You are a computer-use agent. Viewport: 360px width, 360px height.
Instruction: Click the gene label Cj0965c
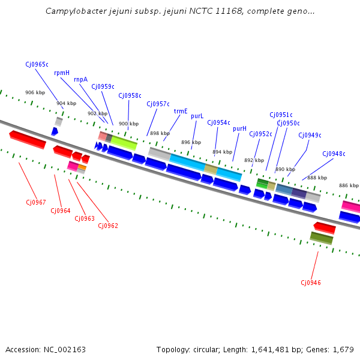pyautogui.click(x=37, y=64)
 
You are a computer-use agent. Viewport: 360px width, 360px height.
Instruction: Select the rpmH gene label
pyautogui.click(x=62, y=73)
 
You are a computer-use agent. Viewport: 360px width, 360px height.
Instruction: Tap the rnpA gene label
pyautogui.click(x=80, y=79)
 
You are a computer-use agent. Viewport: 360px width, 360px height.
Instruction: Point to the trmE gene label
pyautogui.click(x=181, y=111)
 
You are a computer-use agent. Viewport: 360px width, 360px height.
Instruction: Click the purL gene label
pyautogui.click(x=197, y=116)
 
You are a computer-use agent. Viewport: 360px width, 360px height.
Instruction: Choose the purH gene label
pyautogui.click(x=239, y=128)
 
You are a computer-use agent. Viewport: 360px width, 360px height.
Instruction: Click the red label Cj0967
pyautogui.click(x=35, y=202)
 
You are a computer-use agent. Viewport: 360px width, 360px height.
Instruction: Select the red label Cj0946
pyautogui.click(x=311, y=283)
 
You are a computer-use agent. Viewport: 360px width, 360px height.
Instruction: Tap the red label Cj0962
pyautogui.click(x=108, y=226)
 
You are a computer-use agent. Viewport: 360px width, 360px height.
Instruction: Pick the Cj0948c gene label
pyautogui.click(x=334, y=154)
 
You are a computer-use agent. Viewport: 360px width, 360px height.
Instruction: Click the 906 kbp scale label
pyautogui.click(x=35, y=92)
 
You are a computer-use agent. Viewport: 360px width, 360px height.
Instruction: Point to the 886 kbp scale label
pyautogui.click(x=349, y=185)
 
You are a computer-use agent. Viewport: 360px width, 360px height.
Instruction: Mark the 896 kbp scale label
pyautogui.click(x=191, y=142)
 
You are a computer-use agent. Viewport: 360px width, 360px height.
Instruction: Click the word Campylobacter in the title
pyautogui.click(x=74, y=11)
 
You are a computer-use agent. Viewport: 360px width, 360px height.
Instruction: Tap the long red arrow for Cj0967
pyautogui.click(x=28, y=139)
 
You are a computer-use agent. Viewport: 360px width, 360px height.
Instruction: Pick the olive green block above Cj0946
pyautogui.click(x=322, y=238)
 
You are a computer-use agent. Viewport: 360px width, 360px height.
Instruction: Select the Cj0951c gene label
pyautogui.click(x=281, y=115)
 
